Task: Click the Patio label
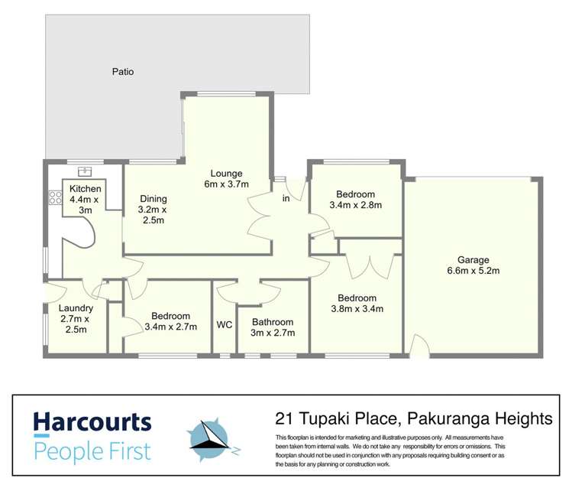[122, 72]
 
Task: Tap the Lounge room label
[227, 173]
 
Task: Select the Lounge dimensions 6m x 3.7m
[227, 184]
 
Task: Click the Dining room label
[153, 199]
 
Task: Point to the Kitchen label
[85, 189]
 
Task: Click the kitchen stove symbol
[55, 198]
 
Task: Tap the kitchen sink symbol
[86, 171]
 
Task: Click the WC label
[224, 324]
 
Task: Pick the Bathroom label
[273, 322]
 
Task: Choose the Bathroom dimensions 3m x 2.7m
[273, 333]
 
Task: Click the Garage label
[473, 259]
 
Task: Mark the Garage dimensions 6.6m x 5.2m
[473, 271]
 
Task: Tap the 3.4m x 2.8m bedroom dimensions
[355, 205]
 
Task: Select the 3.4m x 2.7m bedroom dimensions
[170, 327]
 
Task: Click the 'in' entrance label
[286, 199]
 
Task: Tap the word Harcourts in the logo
[92, 423]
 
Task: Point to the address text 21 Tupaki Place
[337, 418]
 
